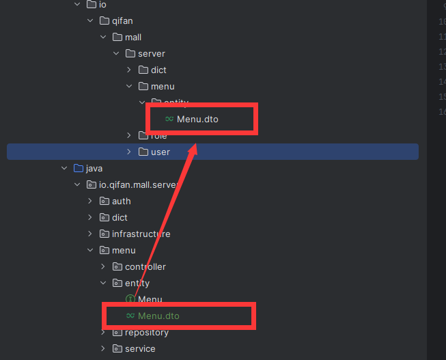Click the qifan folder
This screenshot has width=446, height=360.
click(122, 20)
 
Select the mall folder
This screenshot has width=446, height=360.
click(133, 37)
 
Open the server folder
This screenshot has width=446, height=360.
click(151, 53)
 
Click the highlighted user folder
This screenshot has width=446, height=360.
click(161, 152)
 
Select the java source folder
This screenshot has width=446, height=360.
click(94, 168)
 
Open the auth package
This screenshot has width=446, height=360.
click(121, 201)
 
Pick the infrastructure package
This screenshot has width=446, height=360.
click(141, 234)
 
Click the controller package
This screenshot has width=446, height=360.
click(145, 266)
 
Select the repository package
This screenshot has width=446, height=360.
click(146, 332)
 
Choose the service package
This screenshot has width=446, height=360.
click(140, 348)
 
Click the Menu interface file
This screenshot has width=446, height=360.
click(150, 299)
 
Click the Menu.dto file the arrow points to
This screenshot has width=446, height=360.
click(197, 119)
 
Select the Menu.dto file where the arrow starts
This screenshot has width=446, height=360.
click(158, 316)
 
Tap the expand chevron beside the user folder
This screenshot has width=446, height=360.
click(129, 152)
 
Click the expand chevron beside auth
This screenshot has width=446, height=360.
click(90, 201)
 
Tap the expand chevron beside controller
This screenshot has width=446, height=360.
click(103, 266)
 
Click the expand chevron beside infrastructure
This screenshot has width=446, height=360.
click(90, 234)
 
